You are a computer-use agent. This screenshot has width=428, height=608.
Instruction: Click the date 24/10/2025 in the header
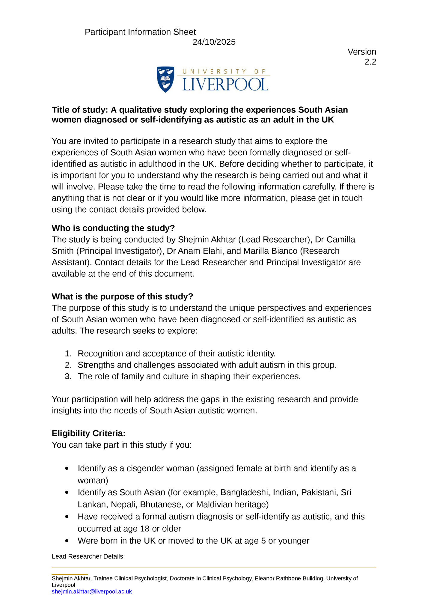point(214,42)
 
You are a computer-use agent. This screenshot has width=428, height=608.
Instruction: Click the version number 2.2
point(370,62)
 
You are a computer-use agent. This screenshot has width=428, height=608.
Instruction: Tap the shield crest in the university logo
point(165,79)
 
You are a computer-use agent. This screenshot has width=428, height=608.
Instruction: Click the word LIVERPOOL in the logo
point(225,85)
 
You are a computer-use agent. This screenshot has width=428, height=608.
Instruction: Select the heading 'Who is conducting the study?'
point(113,228)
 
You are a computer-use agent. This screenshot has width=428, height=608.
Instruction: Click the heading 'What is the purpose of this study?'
point(122,297)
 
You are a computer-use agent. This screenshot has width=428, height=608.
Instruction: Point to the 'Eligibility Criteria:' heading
point(88,433)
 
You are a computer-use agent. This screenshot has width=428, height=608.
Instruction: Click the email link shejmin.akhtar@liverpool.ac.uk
point(92,592)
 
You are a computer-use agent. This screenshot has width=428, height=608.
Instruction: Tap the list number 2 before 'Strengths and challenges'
point(68,365)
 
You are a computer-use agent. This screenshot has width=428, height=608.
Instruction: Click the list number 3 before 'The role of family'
point(68,376)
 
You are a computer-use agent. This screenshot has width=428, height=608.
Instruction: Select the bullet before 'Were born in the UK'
point(67,541)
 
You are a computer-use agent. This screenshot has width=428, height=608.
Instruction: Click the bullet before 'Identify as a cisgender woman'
point(67,469)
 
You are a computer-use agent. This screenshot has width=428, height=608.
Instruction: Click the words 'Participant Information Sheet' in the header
point(140,32)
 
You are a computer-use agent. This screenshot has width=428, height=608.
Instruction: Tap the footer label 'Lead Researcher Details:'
point(88,556)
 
